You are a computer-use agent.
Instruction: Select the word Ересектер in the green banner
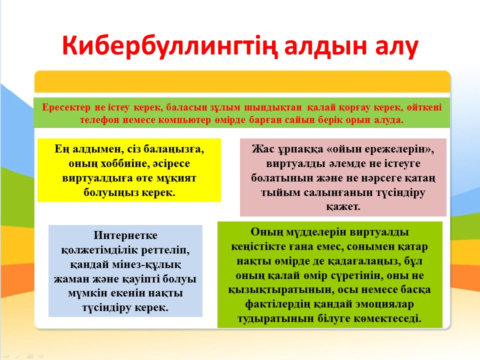[x=66, y=107]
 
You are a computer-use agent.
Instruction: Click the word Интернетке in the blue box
[x=125, y=235]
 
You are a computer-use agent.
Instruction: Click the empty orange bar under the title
[x=242, y=81]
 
